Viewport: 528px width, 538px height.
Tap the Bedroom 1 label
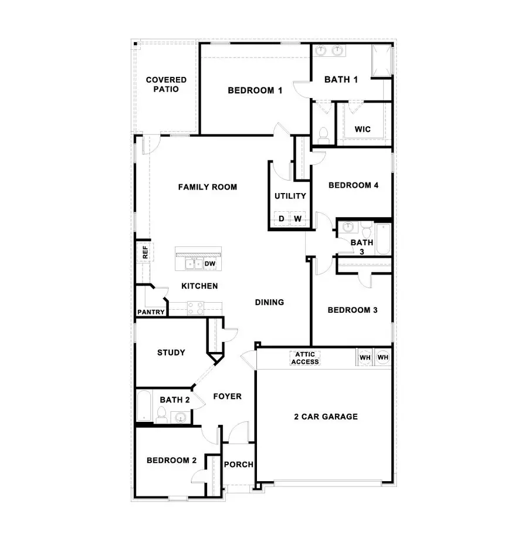pyautogui.click(x=255, y=90)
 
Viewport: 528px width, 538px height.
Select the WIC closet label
pyautogui.click(x=363, y=129)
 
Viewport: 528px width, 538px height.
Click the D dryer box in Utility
pyautogui.click(x=281, y=219)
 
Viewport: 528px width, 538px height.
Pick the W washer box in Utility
pyautogui.click(x=297, y=219)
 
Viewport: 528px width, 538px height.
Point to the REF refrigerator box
pyautogui.click(x=143, y=252)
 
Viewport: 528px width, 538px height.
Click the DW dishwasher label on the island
pyautogui.click(x=210, y=264)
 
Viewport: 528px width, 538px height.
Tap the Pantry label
pyautogui.click(x=151, y=312)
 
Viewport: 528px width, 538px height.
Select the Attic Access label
pyautogui.click(x=305, y=358)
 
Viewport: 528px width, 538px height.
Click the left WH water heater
pyautogui.click(x=365, y=357)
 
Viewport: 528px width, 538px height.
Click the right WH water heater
pyautogui.click(x=383, y=357)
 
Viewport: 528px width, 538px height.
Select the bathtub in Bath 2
pyautogui.click(x=144, y=407)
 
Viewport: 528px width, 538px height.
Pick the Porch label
pyautogui.click(x=239, y=464)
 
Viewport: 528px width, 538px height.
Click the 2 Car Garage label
pyautogui.click(x=326, y=417)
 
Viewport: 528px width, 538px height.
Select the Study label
pyautogui.click(x=171, y=353)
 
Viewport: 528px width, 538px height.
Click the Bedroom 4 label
pyautogui.click(x=353, y=185)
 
